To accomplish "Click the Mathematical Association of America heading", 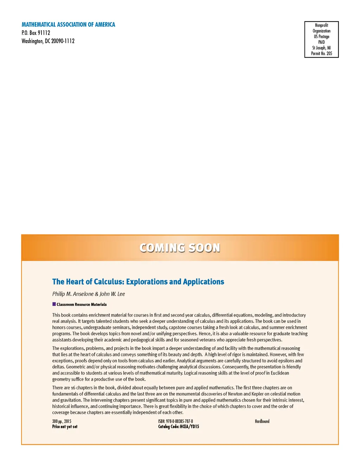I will (68, 25).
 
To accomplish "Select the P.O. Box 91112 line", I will (36, 33).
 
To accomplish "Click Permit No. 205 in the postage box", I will (321, 53).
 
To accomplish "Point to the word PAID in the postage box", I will (321, 42).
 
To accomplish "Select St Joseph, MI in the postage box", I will (321, 48).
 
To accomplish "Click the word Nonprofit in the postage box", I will (321, 25).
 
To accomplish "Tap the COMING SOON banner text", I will (180, 248).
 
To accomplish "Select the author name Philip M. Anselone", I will (73, 294).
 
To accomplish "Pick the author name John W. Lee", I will (112, 294).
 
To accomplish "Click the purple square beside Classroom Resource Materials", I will (54, 304).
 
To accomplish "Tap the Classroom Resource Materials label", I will (82, 305).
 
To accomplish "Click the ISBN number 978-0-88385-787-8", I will (179, 421).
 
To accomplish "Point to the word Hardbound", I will (262, 421).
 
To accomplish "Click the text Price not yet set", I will (65, 427).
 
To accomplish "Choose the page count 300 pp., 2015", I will (62, 421).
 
